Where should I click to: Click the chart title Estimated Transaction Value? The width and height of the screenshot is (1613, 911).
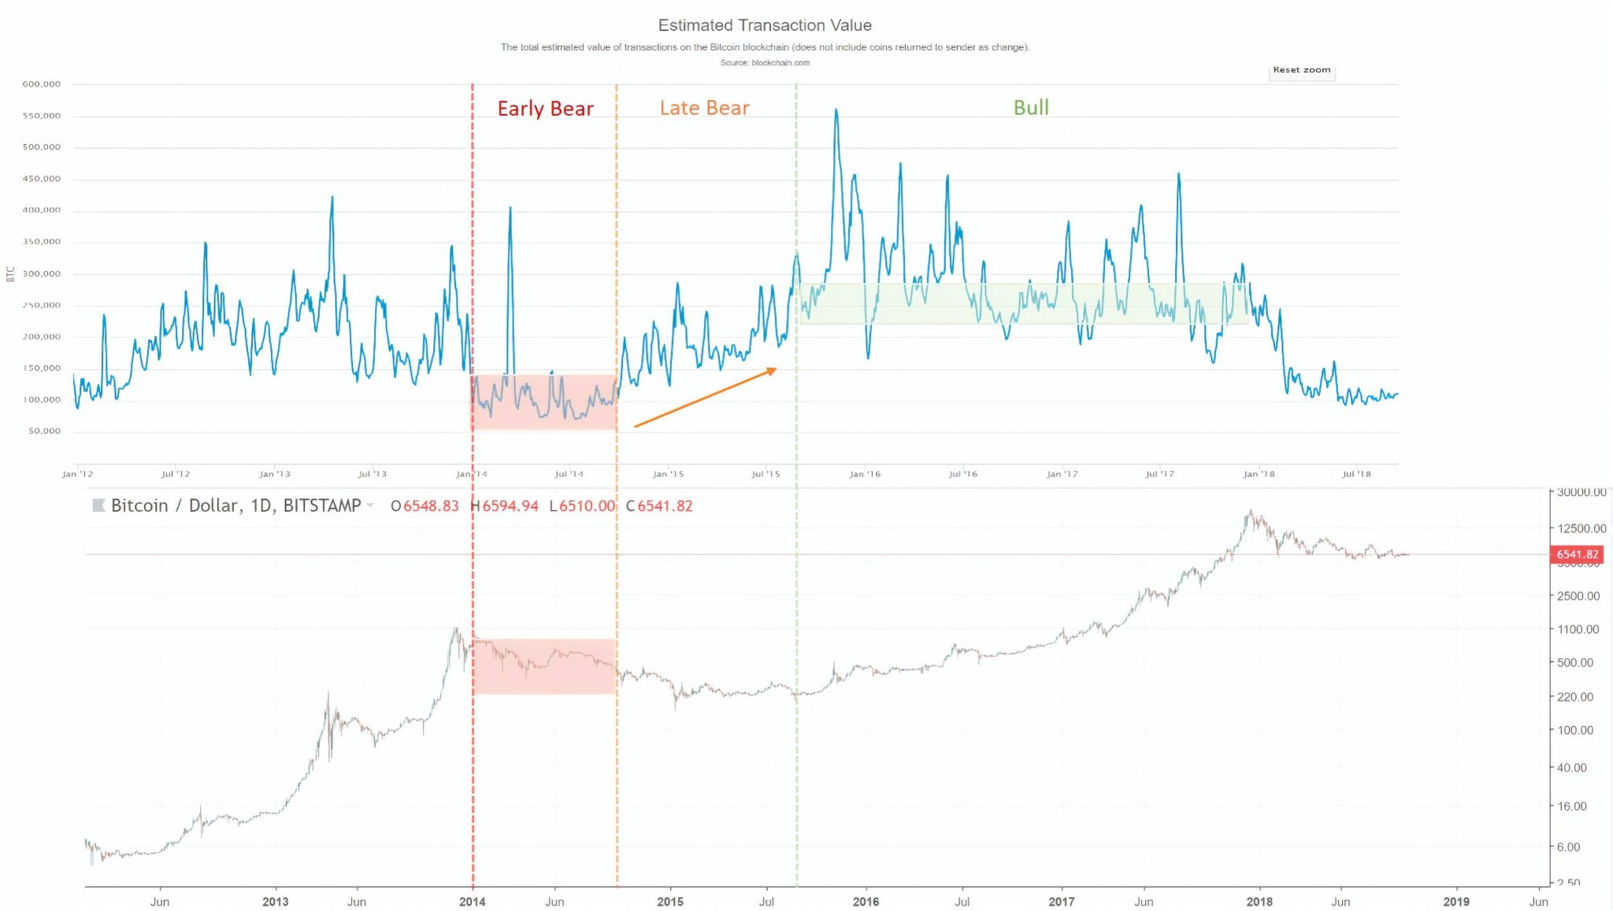click(x=765, y=25)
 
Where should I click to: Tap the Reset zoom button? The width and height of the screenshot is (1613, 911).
click(x=1302, y=70)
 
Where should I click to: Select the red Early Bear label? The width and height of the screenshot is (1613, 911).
click(x=545, y=109)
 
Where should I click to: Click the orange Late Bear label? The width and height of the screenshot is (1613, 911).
click(x=704, y=108)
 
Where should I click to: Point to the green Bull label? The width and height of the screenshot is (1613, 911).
click(x=1031, y=107)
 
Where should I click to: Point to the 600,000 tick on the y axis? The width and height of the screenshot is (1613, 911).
click(x=42, y=84)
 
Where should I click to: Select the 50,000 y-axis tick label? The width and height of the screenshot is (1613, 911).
click(x=44, y=431)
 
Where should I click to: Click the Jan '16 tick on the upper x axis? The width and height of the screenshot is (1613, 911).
click(x=865, y=474)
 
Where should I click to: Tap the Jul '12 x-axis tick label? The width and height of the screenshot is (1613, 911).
click(x=176, y=474)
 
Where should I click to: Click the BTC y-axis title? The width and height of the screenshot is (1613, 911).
click(x=10, y=274)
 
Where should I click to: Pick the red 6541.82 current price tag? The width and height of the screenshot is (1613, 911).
click(x=1577, y=554)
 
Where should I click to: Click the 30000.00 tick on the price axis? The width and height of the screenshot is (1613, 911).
click(x=1581, y=492)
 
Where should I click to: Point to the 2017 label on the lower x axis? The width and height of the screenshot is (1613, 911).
click(x=1062, y=902)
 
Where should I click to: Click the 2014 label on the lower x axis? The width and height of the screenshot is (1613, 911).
click(x=473, y=902)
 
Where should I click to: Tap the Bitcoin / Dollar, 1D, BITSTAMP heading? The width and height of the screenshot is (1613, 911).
click(x=235, y=505)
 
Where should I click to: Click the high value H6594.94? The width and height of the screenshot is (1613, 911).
click(x=505, y=506)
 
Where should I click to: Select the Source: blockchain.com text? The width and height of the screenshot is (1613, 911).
click(x=765, y=63)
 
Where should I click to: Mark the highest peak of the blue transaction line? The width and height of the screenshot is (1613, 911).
click(x=836, y=110)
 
